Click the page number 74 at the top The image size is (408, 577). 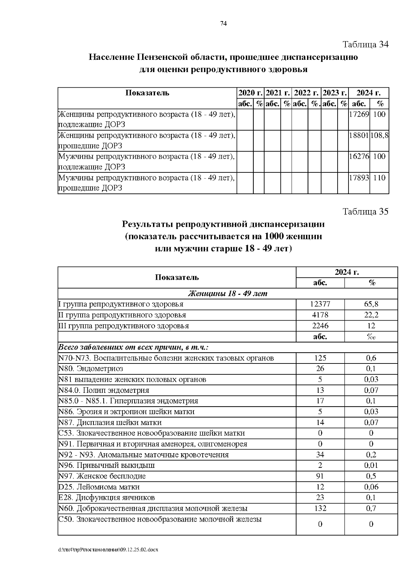coord(223,23)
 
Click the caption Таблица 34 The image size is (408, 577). coord(365,45)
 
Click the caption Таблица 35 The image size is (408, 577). coord(365,212)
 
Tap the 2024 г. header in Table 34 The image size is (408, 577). coord(369,93)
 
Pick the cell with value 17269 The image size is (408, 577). coord(359,114)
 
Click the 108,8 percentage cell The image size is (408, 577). coord(379,135)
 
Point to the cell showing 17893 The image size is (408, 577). coord(359,177)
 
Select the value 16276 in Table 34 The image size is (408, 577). coord(359,156)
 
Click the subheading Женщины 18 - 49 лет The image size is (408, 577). coord(227,293)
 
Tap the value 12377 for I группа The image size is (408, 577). coord(320,304)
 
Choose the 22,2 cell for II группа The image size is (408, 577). coord(371,315)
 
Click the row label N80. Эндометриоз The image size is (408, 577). coord(91,369)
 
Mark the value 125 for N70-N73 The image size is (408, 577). coord(320,358)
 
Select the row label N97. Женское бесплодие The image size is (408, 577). coord(102,476)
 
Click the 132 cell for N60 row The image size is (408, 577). coord(320,508)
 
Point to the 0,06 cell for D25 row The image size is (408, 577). coord(371,487)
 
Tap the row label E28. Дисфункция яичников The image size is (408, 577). coord(106,497)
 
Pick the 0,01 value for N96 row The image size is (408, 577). coord(371,465)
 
